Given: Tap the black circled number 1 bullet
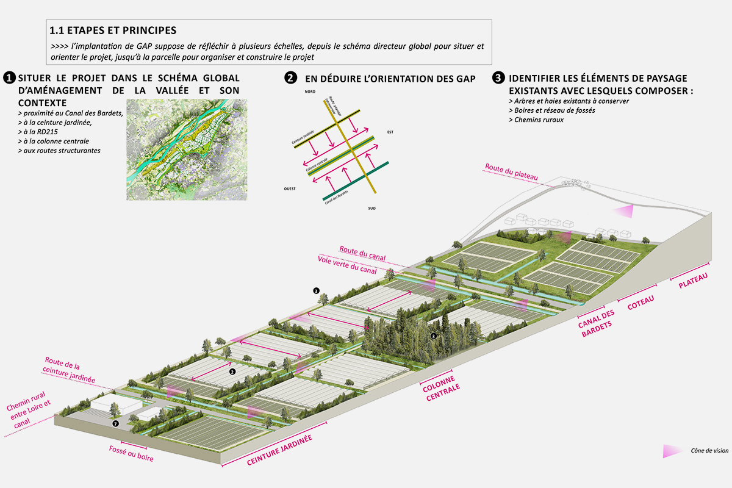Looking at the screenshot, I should (x=9, y=78).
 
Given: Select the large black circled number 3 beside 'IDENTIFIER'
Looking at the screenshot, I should (x=498, y=78).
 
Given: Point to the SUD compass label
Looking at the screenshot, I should (x=372, y=209).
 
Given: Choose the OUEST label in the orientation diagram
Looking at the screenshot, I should (x=289, y=188).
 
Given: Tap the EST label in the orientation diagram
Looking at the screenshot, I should (x=390, y=132).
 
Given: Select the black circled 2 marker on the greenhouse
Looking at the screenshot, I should (x=232, y=370).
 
